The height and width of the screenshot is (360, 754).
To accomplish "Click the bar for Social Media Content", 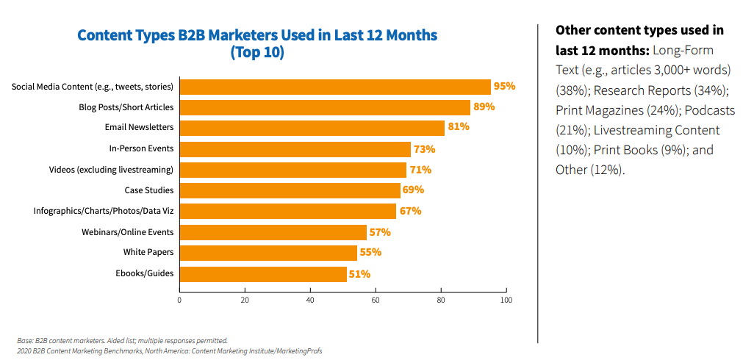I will (335, 87).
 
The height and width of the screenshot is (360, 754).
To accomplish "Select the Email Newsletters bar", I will (312, 128).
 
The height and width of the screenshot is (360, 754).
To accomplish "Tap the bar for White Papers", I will (269, 253).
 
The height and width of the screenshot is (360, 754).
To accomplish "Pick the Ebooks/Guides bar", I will (263, 275).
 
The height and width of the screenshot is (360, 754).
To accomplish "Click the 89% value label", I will (484, 107).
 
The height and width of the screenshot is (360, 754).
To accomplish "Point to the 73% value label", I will (425, 149).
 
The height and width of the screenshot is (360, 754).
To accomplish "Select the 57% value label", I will (380, 233).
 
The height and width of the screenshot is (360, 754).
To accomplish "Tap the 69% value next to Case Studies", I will (414, 190).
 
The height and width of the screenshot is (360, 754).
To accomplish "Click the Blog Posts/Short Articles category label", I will (126, 107).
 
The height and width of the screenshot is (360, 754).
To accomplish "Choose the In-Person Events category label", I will (141, 148).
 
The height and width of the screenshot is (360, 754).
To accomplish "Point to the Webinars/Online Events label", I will (128, 232).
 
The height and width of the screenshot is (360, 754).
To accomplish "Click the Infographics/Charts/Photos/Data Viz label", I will (104, 211).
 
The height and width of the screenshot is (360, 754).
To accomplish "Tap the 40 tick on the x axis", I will (310, 300).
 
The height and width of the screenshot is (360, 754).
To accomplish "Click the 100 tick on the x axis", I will (506, 300).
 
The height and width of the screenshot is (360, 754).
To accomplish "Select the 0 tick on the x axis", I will (180, 300).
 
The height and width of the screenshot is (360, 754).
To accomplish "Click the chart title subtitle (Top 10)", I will (257, 53).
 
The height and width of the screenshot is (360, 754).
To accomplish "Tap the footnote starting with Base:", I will (123, 341).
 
